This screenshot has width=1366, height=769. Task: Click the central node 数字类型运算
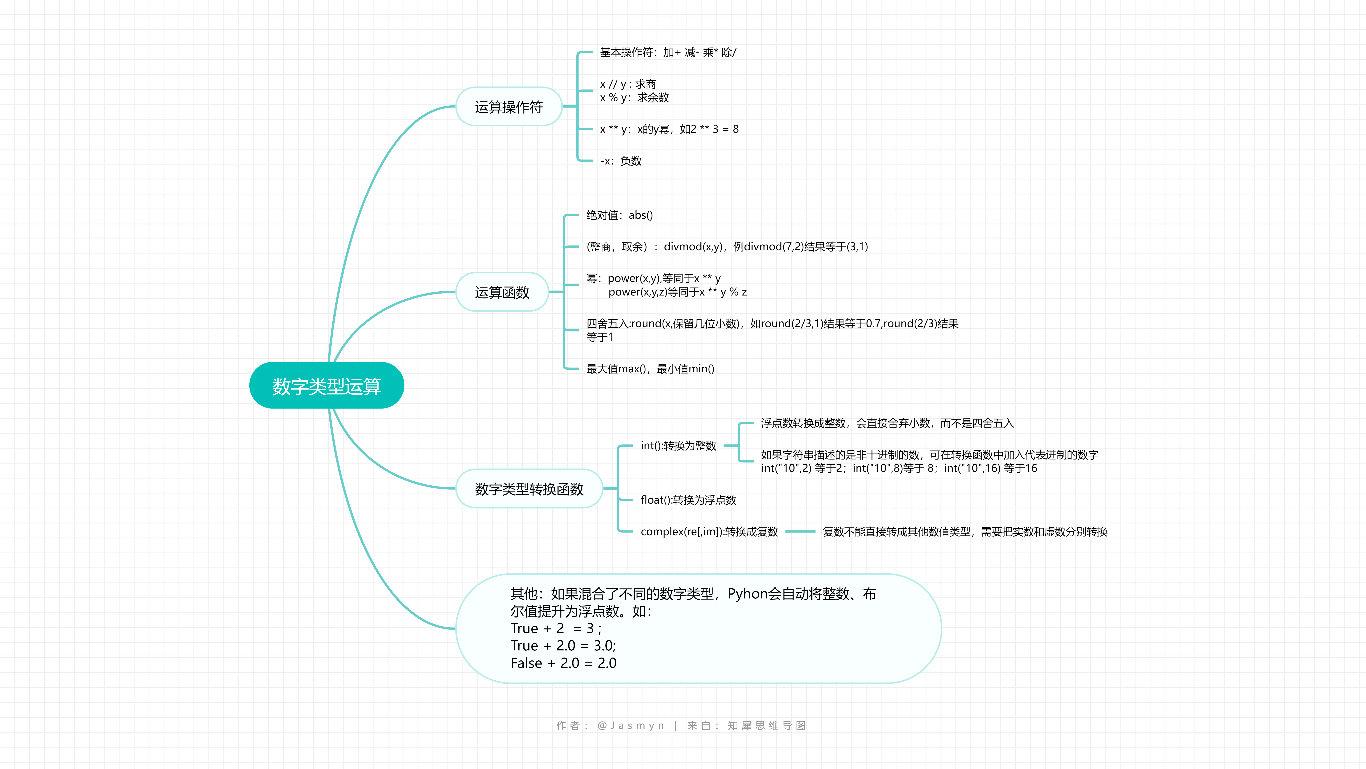(327, 386)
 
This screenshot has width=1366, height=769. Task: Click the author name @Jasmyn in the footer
(631, 726)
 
